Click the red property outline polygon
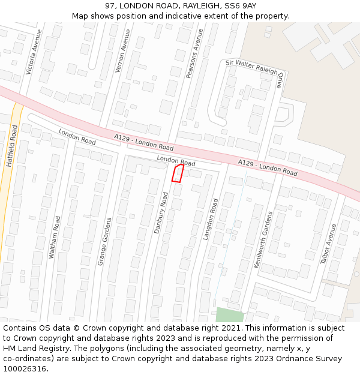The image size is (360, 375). click(x=178, y=173)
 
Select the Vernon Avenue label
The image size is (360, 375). click(x=122, y=52)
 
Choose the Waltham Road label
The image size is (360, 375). click(x=55, y=238)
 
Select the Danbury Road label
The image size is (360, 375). click(x=161, y=212)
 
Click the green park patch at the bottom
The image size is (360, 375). click(x=230, y=314)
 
